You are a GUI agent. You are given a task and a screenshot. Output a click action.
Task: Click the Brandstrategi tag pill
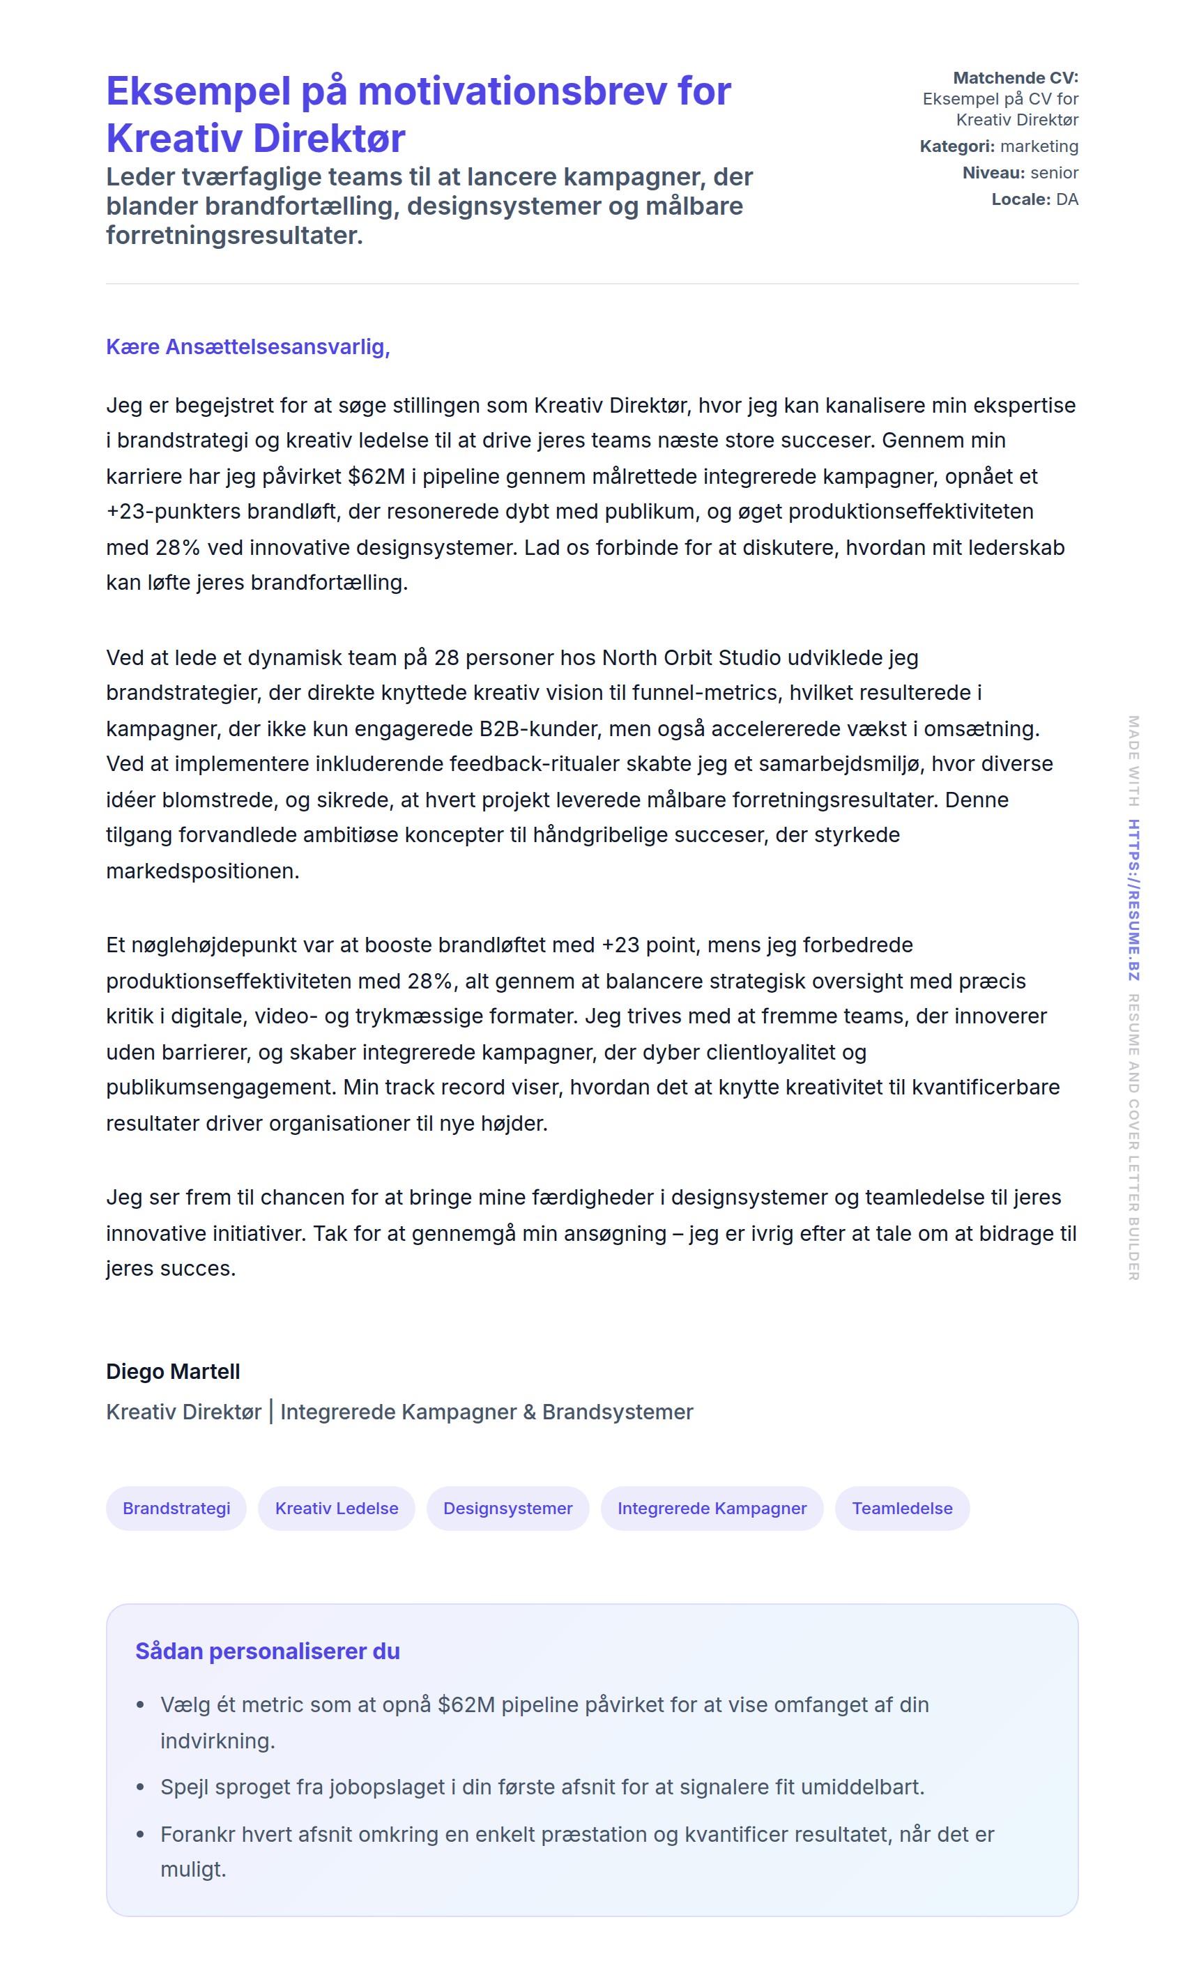(176, 1508)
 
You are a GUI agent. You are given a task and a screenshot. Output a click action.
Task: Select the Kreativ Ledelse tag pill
(336, 1508)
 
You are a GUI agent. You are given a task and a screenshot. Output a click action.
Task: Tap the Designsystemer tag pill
(508, 1508)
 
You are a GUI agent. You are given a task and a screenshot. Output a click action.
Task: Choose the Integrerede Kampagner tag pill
(712, 1508)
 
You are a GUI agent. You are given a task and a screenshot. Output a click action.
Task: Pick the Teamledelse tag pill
(901, 1508)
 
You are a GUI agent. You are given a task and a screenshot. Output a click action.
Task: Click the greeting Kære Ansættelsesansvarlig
(247, 347)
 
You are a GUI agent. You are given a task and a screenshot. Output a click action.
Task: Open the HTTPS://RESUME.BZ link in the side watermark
(1133, 900)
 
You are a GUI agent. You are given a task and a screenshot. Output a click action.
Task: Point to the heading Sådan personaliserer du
(268, 1651)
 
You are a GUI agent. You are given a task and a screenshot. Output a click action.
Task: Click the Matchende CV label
(1015, 78)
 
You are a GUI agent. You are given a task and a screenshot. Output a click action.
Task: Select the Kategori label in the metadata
(956, 147)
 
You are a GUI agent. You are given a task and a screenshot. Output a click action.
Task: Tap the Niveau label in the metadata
(993, 174)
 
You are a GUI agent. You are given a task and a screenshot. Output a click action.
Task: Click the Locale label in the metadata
(1020, 199)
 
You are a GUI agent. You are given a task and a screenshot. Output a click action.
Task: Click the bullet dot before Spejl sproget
(141, 1787)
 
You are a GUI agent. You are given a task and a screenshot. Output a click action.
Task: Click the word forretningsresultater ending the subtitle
(234, 236)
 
